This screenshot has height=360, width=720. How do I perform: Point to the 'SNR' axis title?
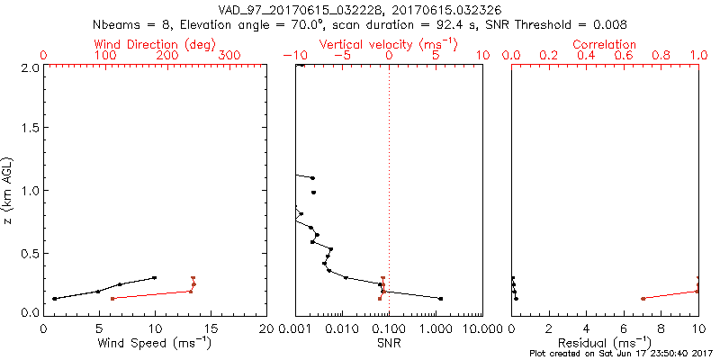coord(390,343)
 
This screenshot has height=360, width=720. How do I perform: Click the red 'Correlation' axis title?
coord(605,44)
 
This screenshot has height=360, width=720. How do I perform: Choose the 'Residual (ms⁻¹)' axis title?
coord(605,343)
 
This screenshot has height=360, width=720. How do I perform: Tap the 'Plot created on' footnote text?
coord(619,354)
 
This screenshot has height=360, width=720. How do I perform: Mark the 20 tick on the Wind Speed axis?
coord(266,328)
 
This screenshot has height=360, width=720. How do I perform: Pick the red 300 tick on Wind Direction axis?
coord(229,55)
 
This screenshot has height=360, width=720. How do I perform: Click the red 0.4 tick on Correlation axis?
coord(586,55)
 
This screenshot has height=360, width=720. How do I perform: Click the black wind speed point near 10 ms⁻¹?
coord(155,278)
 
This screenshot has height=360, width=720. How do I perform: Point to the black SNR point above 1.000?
coord(440,298)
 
